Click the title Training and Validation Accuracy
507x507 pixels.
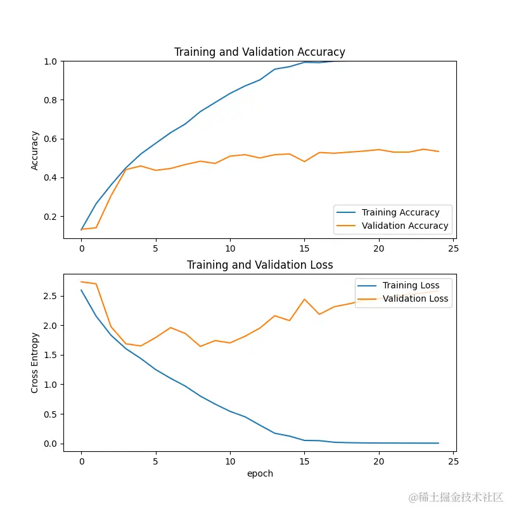pyautogui.click(x=260, y=52)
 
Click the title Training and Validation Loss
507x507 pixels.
pyautogui.click(x=260, y=265)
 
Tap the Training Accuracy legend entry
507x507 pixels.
pyautogui.click(x=400, y=212)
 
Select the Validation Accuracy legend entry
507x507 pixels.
pyautogui.click(x=404, y=226)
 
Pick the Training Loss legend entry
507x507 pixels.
pyautogui.click(x=411, y=285)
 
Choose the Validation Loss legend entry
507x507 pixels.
pyautogui.click(x=415, y=298)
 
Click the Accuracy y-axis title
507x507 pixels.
pyautogui.click(x=35, y=150)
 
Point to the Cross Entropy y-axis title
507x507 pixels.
pyautogui.click(x=35, y=362)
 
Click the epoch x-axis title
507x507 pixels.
pyautogui.click(x=260, y=473)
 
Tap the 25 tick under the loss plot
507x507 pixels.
pyautogui.click(x=453, y=461)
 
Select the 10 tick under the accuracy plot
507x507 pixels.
pyautogui.click(x=230, y=249)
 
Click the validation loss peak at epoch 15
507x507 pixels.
pyautogui.click(x=305, y=299)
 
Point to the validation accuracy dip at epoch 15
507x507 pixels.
pyautogui.click(x=305, y=162)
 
